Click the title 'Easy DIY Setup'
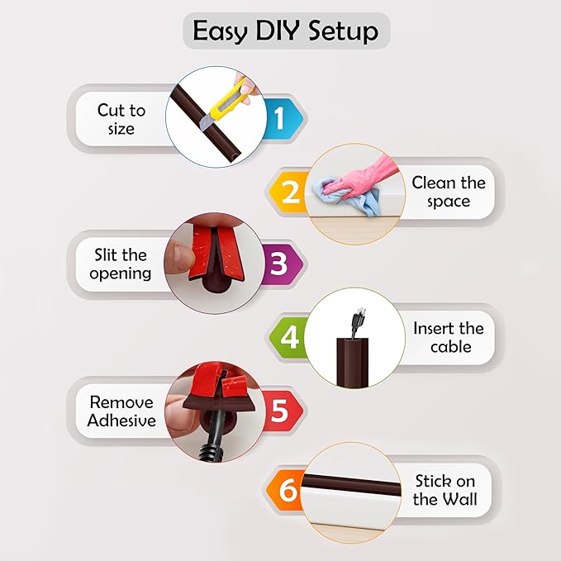click(285, 31)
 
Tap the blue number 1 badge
click(278, 120)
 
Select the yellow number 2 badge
click(290, 192)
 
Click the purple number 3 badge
click(279, 264)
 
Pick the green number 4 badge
click(291, 337)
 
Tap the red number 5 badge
click(279, 411)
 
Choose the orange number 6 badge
click(288, 490)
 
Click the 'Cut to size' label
click(121, 119)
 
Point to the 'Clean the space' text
click(449, 192)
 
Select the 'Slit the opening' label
click(121, 264)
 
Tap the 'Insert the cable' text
click(449, 337)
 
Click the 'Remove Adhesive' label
click(121, 411)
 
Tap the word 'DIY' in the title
click(282, 31)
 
